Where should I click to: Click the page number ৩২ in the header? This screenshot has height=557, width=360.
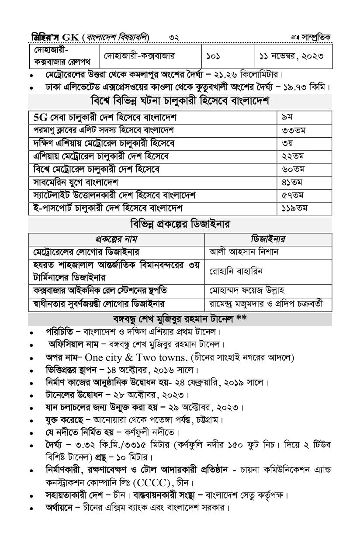click(x=174, y=38)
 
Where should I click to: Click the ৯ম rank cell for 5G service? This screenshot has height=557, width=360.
click(x=287, y=118)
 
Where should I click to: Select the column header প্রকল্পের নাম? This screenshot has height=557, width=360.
click(x=117, y=239)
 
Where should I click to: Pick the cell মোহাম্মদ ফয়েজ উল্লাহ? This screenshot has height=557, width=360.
click(x=248, y=291)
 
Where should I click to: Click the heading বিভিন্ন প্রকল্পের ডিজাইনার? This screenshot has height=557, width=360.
click(x=180, y=225)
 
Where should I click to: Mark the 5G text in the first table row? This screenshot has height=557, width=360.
click(x=41, y=118)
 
